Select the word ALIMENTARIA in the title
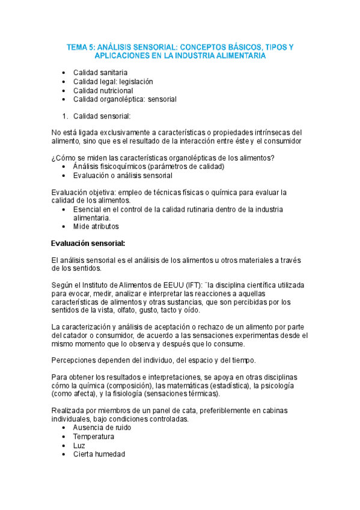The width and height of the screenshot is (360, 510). pos(240,55)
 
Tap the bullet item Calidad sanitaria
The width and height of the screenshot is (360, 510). pos(100,72)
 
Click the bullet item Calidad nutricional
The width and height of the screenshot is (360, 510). pos(103,90)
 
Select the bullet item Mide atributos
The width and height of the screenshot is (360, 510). pos(96,227)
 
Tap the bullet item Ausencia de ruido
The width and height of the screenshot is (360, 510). pos(102,428)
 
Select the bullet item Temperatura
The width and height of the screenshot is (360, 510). pos(94,437)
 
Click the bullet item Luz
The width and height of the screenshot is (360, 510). pos(79,446)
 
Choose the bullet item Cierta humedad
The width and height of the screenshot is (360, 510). pos(99,455)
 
